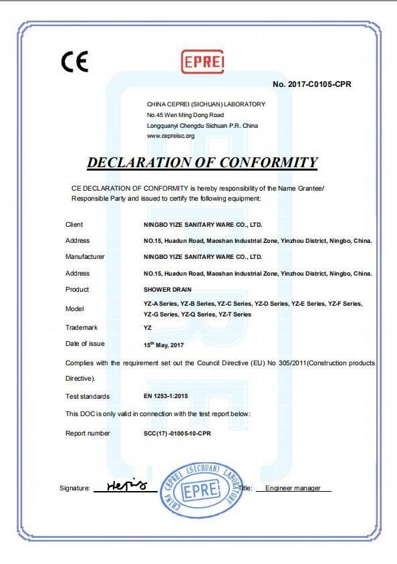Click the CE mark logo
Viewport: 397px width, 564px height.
[75, 62]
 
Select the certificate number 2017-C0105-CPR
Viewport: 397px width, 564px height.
[312, 84]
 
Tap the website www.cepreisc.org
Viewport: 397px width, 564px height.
[170, 136]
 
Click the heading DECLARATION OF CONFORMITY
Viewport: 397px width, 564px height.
[203, 163]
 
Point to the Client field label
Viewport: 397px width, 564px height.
[74, 224]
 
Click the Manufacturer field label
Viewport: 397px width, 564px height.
[85, 256]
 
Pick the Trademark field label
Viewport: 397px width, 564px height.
[82, 327]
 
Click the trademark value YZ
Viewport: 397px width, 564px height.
[148, 328]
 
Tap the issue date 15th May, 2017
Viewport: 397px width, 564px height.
[164, 345]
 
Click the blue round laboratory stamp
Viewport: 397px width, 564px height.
[199, 488]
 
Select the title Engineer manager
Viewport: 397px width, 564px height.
[293, 488]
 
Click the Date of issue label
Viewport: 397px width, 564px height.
[85, 344]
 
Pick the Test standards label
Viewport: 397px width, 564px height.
[88, 397]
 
